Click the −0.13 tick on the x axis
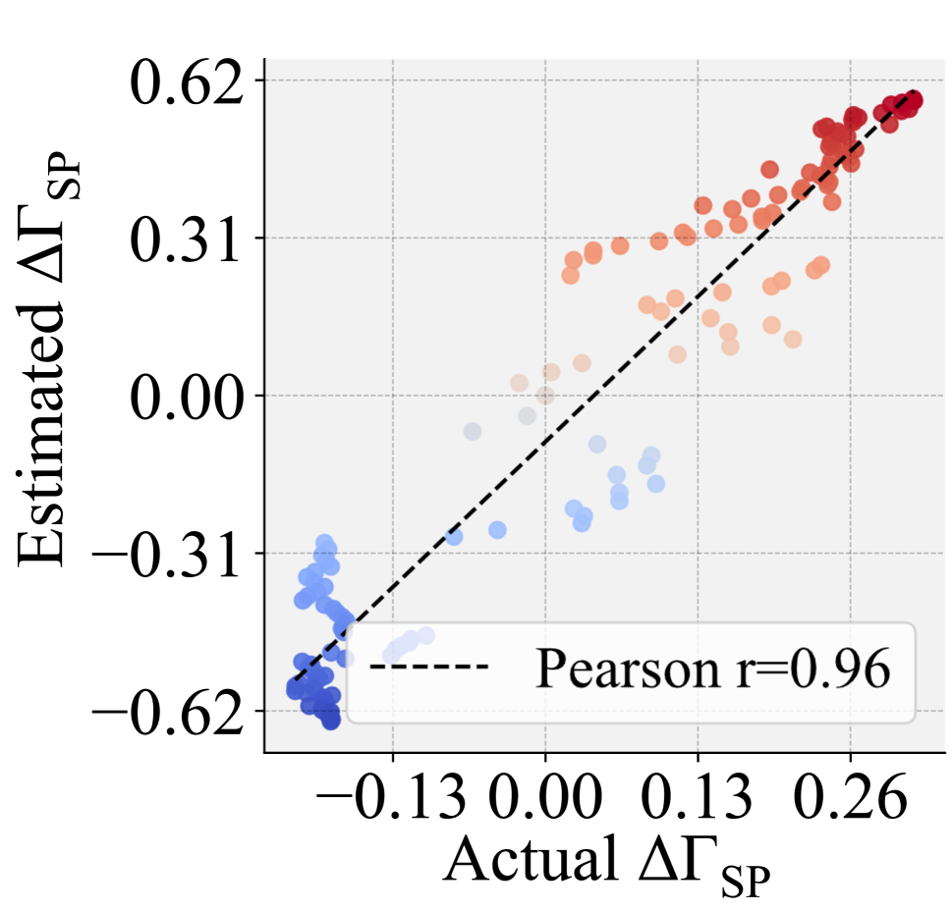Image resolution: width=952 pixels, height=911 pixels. tap(393, 803)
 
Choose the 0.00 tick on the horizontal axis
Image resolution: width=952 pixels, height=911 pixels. tap(545, 803)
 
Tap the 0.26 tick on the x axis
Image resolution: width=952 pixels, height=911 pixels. tap(850, 803)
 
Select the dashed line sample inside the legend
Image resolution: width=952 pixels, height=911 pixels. tap(429, 668)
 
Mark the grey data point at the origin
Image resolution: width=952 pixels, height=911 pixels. tap(545, 396)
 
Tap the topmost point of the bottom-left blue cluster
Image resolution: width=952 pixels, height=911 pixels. tap(324, 542)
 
